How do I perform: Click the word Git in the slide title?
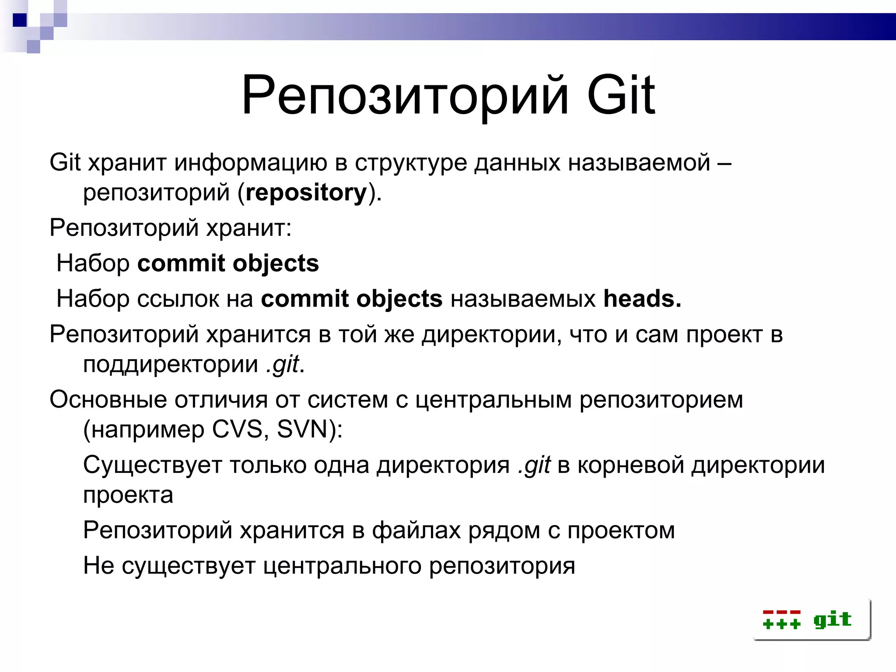point(621,96)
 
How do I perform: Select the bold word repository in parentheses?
point(306,193)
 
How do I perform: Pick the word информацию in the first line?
point(251,163)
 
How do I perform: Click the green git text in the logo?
point(832,619)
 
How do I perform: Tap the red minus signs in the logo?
point(781,612)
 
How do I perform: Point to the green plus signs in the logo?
point(781,623)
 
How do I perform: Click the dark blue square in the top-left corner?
point(20,20)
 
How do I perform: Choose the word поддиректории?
point(171,364)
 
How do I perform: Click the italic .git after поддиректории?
point(283,364)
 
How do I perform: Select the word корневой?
point(630,465)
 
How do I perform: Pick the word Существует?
point(152,465)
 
